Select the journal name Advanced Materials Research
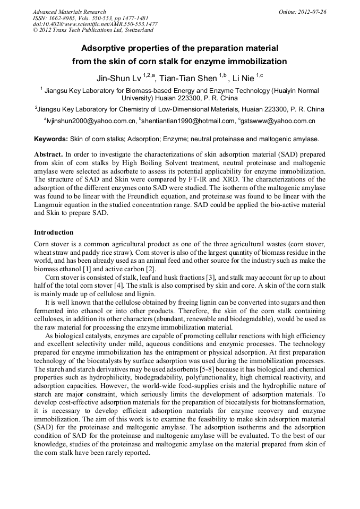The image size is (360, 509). click(69, 12)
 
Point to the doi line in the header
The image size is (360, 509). click(95, 24)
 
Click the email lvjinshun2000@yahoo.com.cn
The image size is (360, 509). click(91, 122)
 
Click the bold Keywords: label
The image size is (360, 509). click(51, 139)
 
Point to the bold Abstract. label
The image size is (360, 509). click(49, 153)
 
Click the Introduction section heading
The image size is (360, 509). click(54, 232)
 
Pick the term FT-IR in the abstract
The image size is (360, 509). click(195, 180)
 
